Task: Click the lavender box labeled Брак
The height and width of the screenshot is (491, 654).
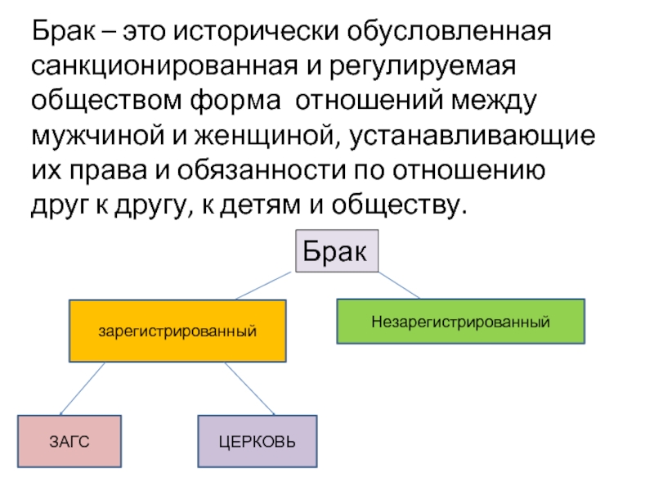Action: (x=337, y=251)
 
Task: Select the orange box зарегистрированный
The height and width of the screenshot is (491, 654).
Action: (x=177, y=331)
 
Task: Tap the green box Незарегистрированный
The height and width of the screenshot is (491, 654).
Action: (x=461, y=322)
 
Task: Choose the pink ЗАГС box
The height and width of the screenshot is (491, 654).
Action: (x=69, y=441)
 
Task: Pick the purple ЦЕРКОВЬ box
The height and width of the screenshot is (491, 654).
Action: (x=258, y=441)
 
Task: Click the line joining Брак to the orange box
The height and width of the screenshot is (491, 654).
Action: (x=263, y=286)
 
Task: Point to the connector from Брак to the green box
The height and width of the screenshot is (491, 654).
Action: (x=399, y=285)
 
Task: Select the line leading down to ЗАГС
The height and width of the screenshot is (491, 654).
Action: (x=83, y=388)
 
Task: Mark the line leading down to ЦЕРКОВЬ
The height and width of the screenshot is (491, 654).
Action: (x=250, y=388)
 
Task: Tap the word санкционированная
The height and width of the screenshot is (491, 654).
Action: (x=165, y=65)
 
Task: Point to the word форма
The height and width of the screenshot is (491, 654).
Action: (x=235, y=101)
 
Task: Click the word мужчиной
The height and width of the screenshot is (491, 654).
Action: (x=98, y=136)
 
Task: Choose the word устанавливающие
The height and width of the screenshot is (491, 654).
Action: (x=472, y=136)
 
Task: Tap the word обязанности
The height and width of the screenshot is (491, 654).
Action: (x=262, y=171)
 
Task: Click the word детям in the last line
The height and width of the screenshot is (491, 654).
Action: (x=260, y=206)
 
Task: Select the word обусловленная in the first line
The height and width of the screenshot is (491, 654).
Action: (x=449, y=31)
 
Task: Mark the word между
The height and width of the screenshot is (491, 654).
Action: (x=494, y=101)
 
